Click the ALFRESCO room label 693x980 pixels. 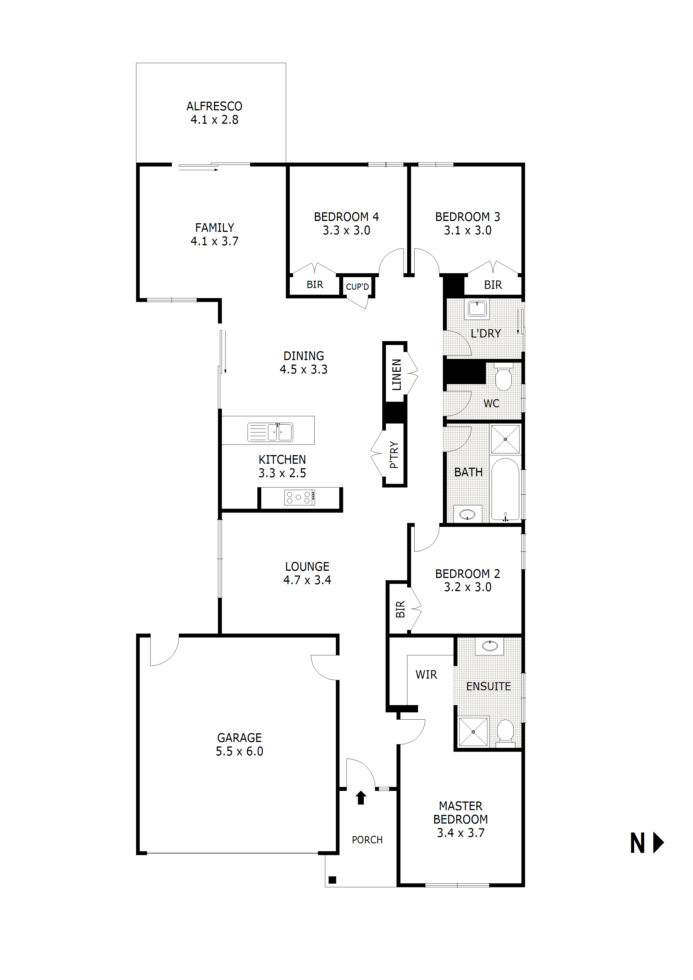[x=214, y=106]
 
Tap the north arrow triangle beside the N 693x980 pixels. [x=658, y=843]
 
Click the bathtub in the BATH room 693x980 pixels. [x=505, y=489]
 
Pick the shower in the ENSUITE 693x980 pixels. [x=473, y=732]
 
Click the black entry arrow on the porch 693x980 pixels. [x=361, y=797]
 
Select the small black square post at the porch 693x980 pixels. [x=333, y=880]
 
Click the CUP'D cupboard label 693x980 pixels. [x=357, y=287]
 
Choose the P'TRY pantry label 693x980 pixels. [x=394, y=455]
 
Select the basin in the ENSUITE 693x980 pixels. [x=489, y=646]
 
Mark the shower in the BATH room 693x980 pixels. [x=505, y=439]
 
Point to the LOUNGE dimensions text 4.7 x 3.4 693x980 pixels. [x=307, y=580]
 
